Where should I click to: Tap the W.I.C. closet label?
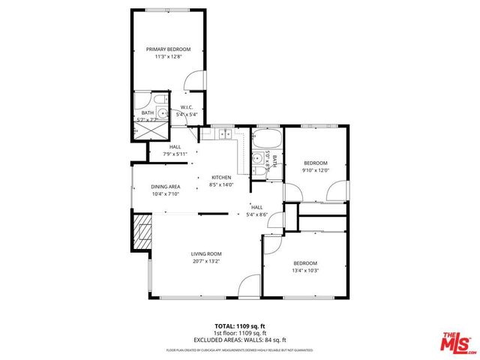point(187,107)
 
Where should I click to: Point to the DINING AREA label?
point(165,187)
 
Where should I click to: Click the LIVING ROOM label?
point(205,254)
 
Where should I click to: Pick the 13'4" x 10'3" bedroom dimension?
point(305,270)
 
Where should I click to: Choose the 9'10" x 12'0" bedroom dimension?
point(315,170)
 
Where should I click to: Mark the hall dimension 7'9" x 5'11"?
point(175,154)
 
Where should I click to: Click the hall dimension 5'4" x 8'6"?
point(256,214)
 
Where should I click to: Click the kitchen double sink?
point(224,134)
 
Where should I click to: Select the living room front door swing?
point(246,286)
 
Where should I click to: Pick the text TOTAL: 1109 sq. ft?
point(239,326)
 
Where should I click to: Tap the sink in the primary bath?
point(160,113)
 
